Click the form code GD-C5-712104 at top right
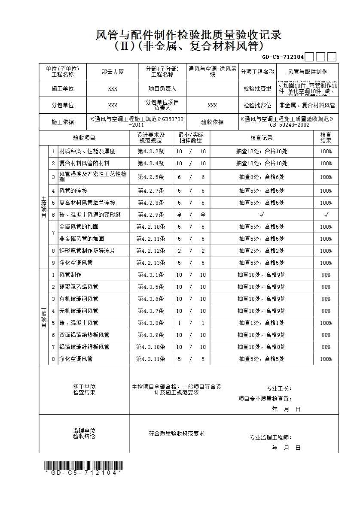pos(283,57)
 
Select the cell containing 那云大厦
pos(113,72)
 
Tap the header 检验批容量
pos(257,88)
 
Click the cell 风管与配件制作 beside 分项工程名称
pos(307,72)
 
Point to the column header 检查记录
pos(262,138)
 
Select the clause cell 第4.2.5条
pos(150,177)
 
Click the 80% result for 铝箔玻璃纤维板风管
pos(326,347)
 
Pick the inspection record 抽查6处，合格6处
pos(261,177)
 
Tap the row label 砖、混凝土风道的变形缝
pos(90,215)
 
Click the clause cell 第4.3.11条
pos(150,359)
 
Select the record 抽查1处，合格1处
pos(261,323)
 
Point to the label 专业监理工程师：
pos(271,437)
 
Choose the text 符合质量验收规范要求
pos(176,433)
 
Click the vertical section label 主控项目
pos(43,207)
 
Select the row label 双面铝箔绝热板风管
pos(84,335)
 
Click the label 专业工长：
pos(279,388)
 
